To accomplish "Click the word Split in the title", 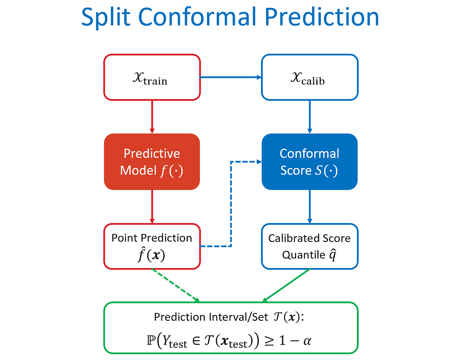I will coord(106,17).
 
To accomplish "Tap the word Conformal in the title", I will coord(198,17).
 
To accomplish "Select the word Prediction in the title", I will coord(322,17).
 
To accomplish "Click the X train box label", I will coord(150,78).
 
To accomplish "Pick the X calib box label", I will coord(308,78).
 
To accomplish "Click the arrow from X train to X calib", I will coord(230,77).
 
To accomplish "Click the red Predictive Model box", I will coord(152,162).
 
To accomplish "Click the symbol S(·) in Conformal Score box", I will coord(326,171).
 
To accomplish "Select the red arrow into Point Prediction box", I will coord(152,207).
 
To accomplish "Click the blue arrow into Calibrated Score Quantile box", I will coord(309,207).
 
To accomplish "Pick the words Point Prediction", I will coord(152,238).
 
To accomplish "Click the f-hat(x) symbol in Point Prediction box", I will coord(152,255).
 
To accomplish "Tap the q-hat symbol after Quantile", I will coord(333,255).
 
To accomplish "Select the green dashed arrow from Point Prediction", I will coord(175,285).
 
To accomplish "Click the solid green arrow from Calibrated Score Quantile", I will coord(286,285).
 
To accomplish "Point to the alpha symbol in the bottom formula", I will coord(307,341).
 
